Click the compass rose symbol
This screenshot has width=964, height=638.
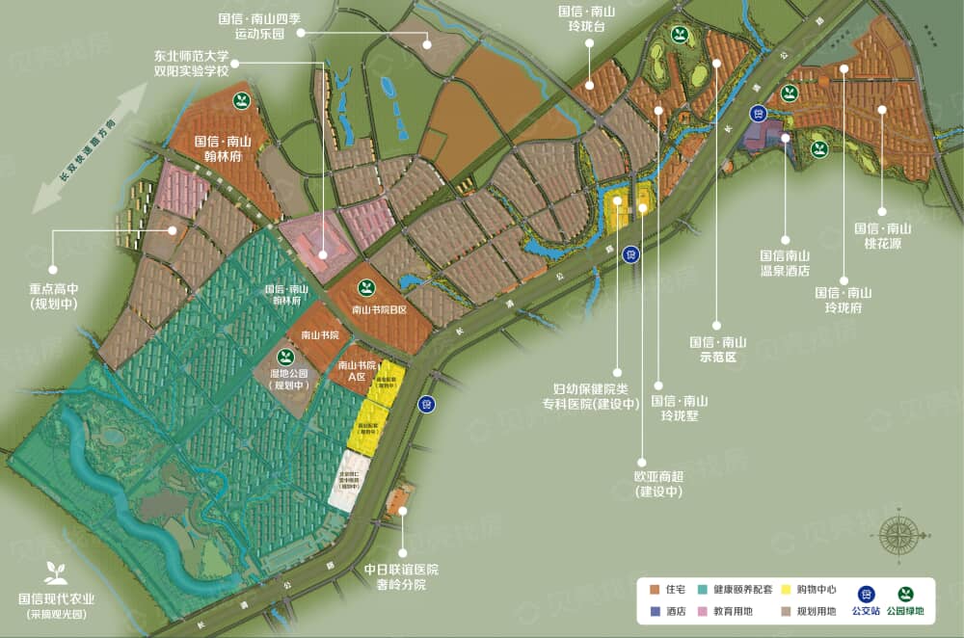[899, 535]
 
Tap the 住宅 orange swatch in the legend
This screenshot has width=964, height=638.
[655, 587]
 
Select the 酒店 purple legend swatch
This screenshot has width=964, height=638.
[655, 611]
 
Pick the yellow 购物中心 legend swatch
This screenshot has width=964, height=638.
[786, 587]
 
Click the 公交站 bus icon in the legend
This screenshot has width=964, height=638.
[865, 595]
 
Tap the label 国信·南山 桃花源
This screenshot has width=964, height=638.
[882, 235]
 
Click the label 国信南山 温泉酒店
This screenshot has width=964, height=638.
[784, 263]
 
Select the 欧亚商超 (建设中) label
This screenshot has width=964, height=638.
[658, 483]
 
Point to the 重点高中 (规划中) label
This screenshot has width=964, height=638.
[53, 297]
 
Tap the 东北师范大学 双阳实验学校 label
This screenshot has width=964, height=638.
[191, 66]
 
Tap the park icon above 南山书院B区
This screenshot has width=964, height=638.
[366, 287]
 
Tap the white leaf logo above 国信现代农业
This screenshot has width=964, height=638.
[56, 572]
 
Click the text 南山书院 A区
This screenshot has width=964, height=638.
[356, 372]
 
